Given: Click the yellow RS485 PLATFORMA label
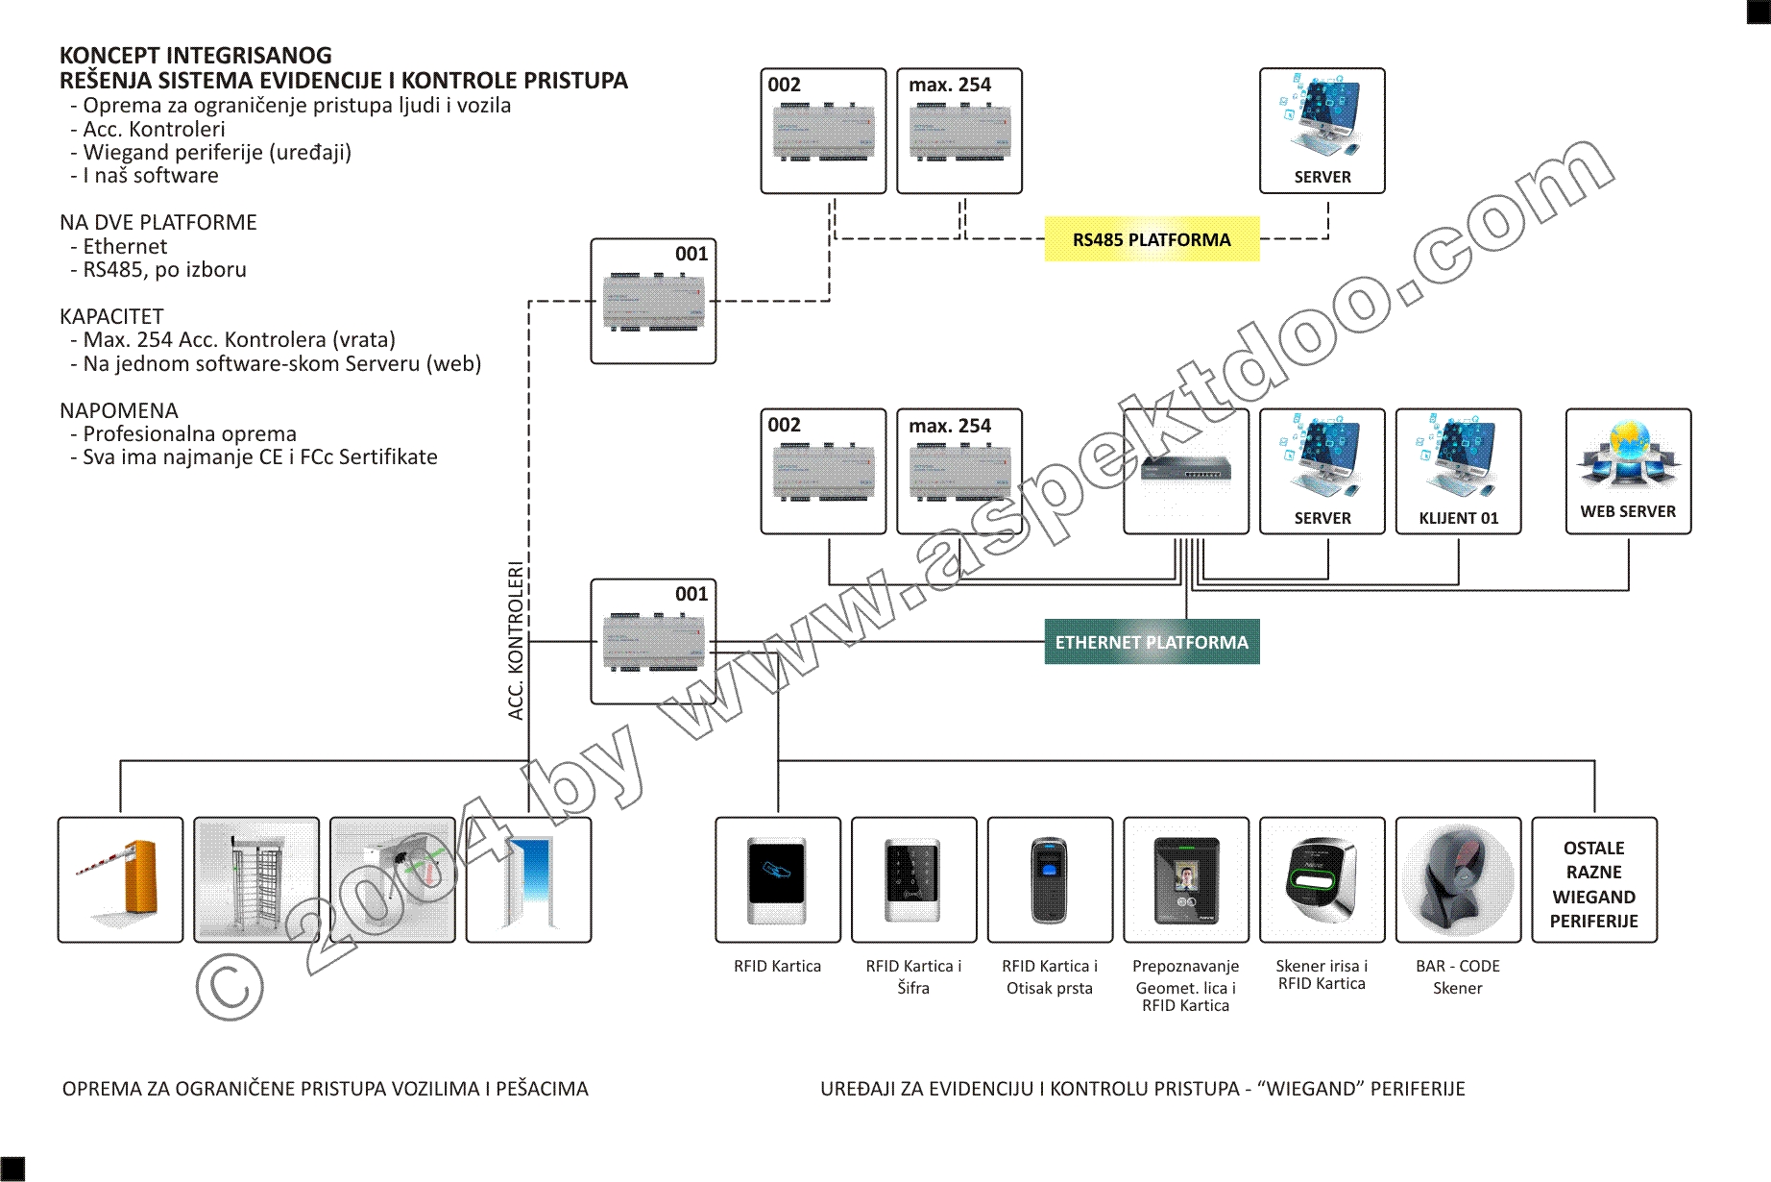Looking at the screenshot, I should click(x=1152, y=239).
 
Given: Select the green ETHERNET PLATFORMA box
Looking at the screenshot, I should click(x=1152, y=642).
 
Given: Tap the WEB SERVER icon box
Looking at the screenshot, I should click(x=1628, y=471).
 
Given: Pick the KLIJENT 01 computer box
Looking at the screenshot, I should click(x=1458, y=471).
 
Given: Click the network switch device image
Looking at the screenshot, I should click(x=1186, y=469).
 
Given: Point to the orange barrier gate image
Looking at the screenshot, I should click(x=120, y=879).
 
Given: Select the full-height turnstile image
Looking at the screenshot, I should click(x=256, y=879).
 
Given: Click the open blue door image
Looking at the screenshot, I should click(x=528, y=879).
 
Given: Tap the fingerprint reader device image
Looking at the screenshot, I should click(x=1050, y=879).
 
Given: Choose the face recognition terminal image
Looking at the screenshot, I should click(x=1186, y=879).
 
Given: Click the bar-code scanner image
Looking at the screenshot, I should click(x=1458, y=879).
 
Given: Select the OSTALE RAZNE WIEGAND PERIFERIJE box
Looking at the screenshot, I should click(x=1594, y=884).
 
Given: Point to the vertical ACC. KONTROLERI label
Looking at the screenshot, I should click(x=516, y=641).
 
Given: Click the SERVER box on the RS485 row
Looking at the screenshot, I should click(x=1322, y=131).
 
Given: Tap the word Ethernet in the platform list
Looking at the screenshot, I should click(x=125, y=247).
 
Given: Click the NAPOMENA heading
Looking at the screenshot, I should click(x=119, y=410).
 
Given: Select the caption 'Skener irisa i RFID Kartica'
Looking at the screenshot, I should click(x=1322, y=974).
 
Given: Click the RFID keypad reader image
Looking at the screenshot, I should click(x=913, y=879).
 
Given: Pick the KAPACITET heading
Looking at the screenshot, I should click(x=111, y=316).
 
